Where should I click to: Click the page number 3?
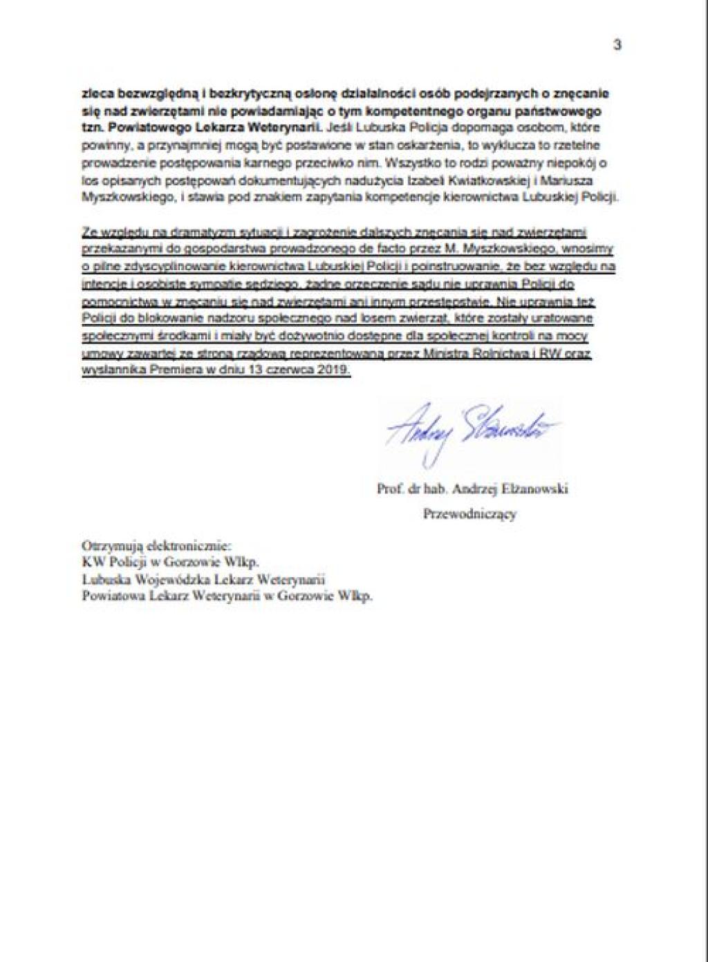coord(617,45)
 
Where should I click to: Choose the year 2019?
coord(335,370)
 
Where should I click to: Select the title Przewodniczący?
coord(469,514)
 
